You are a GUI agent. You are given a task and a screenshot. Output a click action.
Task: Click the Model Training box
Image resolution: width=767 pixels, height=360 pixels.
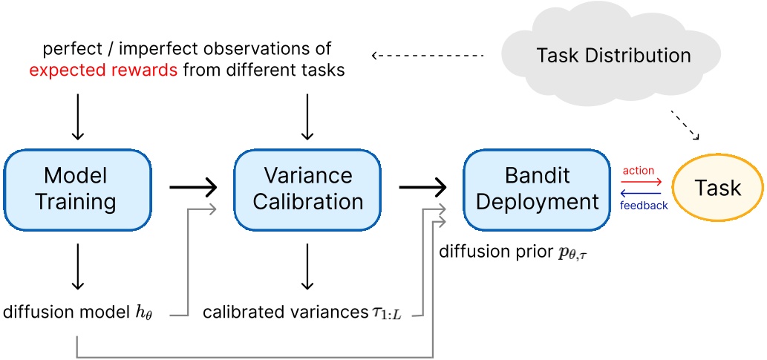point(76,189)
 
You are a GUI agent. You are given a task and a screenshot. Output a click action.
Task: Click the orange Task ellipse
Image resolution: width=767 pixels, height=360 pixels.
point(717,189)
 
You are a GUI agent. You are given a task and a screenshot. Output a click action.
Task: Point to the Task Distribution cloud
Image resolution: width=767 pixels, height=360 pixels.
point(613,56)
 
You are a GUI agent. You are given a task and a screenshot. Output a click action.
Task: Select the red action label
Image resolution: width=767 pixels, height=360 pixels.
point(639,171)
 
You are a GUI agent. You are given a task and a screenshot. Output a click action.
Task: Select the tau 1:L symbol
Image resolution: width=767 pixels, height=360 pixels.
point(386,312)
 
